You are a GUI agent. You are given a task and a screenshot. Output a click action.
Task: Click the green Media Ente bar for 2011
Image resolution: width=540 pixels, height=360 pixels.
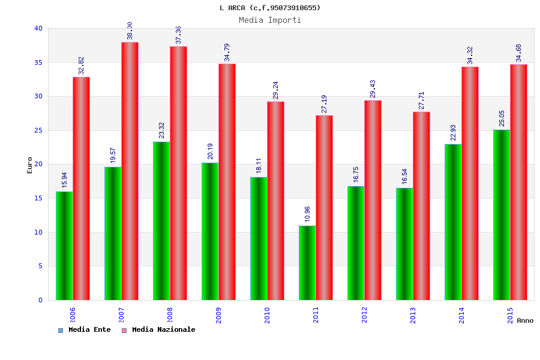(307, 263)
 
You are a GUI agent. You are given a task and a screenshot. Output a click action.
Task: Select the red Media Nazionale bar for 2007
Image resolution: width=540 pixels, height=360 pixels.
(130, 171)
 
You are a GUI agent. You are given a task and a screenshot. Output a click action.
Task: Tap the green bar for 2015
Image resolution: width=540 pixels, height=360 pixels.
(502, 215)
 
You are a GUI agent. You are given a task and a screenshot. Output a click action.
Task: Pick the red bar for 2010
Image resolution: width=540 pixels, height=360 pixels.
(275, 200)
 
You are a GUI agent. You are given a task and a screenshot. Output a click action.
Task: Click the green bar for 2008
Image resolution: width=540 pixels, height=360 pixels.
(161, 221)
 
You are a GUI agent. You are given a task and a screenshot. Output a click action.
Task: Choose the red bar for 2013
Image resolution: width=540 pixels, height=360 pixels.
(421, 206)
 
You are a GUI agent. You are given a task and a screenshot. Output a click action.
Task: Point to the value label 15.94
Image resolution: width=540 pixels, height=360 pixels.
(65, 179)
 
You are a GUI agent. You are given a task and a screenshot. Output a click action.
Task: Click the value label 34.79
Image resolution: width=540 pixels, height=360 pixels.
(227, 52)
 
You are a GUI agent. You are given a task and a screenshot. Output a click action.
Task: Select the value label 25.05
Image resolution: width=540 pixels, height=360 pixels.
(502, 118)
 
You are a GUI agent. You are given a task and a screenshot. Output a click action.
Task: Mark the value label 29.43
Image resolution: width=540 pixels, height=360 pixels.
(373, 89)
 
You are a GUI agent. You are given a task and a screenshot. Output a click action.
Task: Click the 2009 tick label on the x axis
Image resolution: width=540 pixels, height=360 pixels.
(218, 316)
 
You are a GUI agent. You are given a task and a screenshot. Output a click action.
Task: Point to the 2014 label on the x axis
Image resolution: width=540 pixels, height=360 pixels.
(461, 316)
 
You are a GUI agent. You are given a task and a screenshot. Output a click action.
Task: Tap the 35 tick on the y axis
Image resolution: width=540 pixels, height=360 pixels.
(38, 62)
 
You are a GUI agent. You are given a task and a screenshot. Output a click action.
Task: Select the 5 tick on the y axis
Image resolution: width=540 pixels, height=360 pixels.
(40, 266)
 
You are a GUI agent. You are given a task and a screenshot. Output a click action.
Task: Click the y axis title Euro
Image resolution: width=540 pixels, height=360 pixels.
(29, 165)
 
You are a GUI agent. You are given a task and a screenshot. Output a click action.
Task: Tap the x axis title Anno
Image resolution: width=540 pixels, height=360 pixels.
(525, 320)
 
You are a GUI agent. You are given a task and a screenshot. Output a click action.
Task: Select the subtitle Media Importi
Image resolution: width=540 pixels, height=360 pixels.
(270, 20)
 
